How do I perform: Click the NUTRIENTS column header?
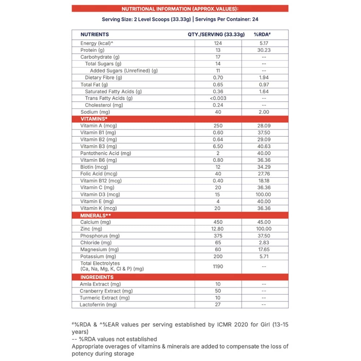click(95, 35)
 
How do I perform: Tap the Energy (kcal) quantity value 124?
click(218, 43)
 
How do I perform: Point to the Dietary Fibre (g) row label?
click(104, 78)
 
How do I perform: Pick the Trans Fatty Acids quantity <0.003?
click(218, 98)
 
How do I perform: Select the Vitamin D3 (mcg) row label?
click(100, 195)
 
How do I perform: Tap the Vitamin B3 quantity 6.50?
click(218, 147)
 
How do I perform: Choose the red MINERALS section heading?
click(95, 216)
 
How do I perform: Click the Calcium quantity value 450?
click(218, 222)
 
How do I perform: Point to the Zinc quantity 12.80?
click(218, 229)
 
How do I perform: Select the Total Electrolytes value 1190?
click(218, 266)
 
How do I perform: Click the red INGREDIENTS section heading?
click(97, 277)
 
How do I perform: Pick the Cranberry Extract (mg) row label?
click(106, 291)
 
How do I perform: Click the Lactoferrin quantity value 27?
click(218, 305)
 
